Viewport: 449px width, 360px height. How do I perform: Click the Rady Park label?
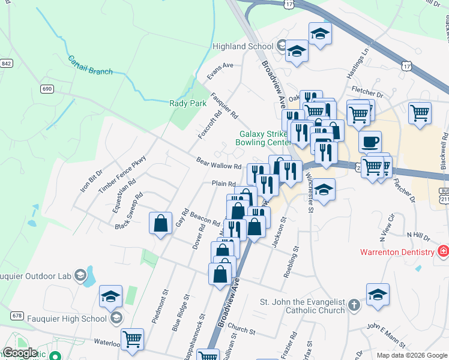188,103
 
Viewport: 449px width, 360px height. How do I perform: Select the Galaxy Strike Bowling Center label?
265,138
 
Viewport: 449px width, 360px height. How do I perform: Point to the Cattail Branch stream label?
90,66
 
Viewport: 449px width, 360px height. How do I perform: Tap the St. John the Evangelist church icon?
354,305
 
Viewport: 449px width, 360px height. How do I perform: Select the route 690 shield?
47,89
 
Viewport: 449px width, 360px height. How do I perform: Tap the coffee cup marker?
370,142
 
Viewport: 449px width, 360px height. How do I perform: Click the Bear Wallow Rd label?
218,163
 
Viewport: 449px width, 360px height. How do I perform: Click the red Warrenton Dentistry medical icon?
443,250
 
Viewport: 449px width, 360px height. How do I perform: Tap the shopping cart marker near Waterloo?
132,339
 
